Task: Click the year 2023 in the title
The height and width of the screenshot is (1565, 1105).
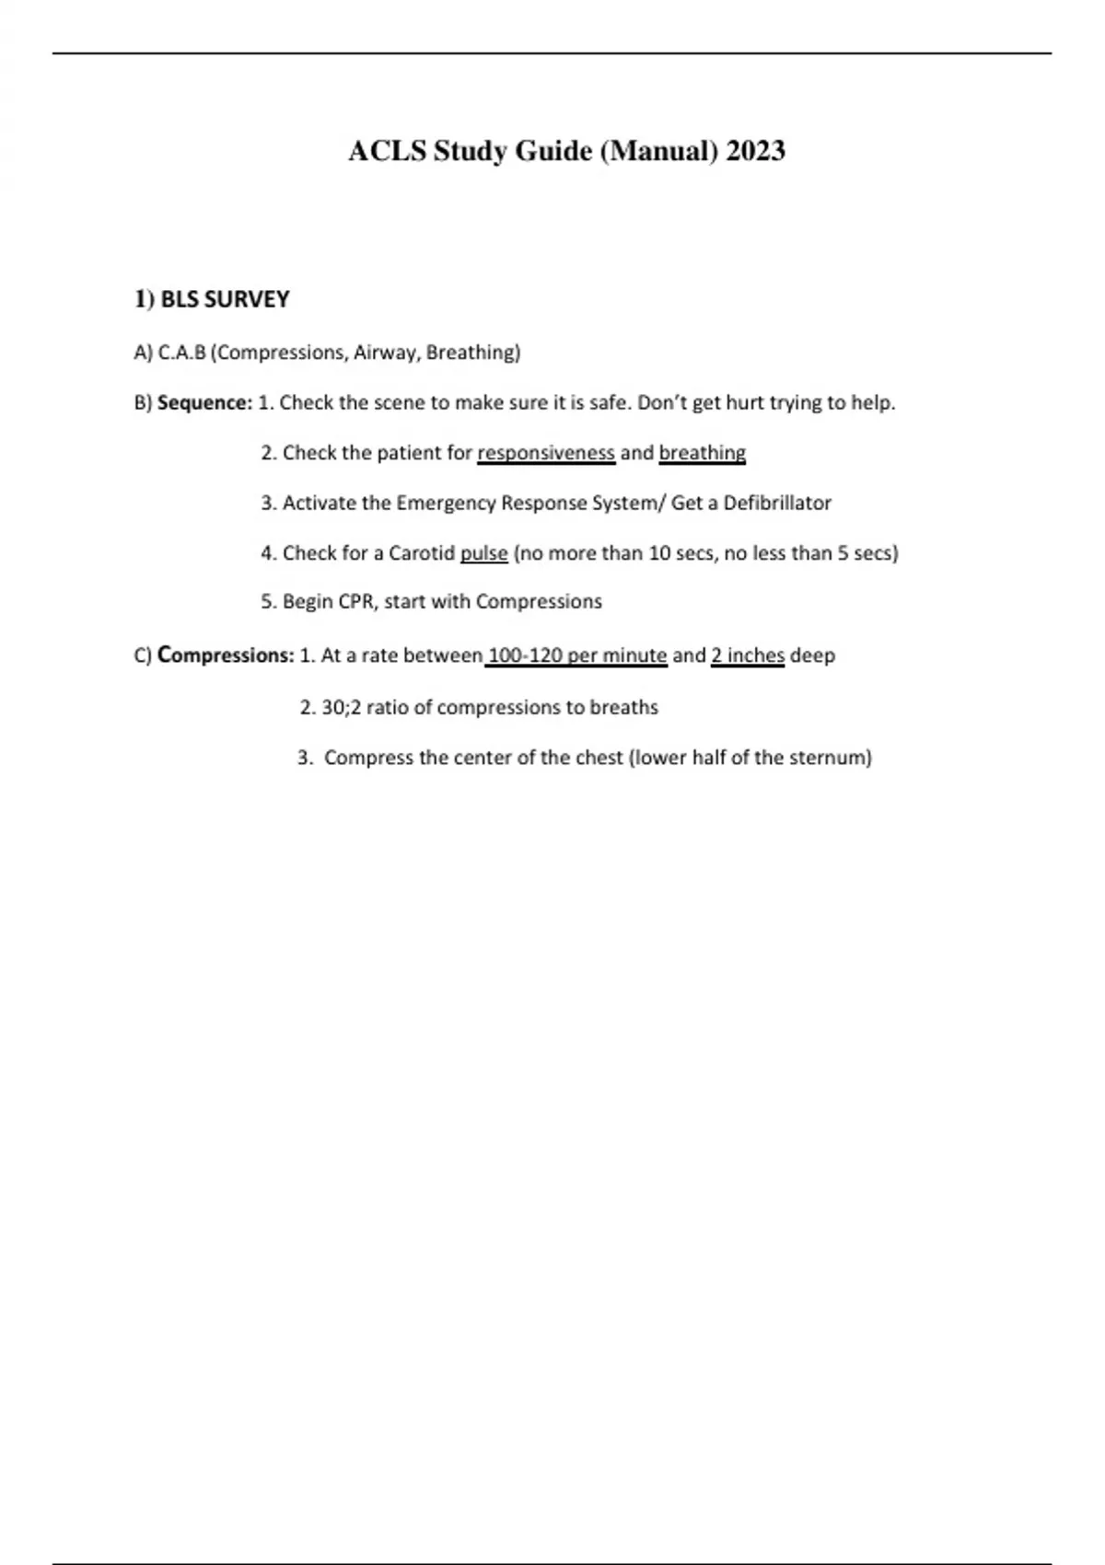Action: tap(755, 150)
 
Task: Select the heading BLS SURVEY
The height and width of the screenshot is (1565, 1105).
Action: tap(225, 299)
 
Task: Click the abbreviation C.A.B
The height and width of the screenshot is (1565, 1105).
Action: tap(182, 353)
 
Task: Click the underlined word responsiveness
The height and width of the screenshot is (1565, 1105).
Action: tap(546, 453)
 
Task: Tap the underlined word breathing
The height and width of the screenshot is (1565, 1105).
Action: tap(703, 453)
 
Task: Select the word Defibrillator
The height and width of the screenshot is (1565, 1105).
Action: tap(777, 503)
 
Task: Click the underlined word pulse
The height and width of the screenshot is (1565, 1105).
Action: tap(484, 553)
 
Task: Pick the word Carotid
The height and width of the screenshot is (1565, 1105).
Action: tap(422, 553)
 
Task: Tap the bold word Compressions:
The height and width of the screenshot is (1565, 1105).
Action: tap(226, 655)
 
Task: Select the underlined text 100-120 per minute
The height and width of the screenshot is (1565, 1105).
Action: tap(576, 655)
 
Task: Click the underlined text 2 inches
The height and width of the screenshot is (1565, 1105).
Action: tap(748, 655)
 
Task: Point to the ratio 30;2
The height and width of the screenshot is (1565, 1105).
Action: tap(341, 707)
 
